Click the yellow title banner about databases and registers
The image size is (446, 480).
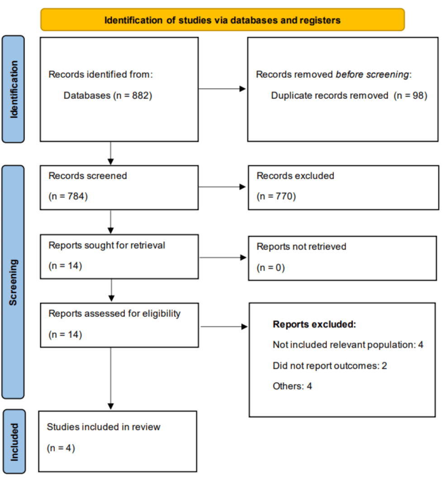point(223,20)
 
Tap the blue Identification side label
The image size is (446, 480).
point(13,89)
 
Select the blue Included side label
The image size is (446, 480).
point(14,442)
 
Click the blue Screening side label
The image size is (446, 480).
point(13,282)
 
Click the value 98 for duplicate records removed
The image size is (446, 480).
point(418,95)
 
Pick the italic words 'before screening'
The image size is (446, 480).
point(372,74)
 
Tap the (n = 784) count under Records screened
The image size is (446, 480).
point(68,196)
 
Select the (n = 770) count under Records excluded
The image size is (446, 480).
point(276,196)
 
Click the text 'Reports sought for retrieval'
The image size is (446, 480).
point(107,245)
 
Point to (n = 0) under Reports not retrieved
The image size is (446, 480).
point(270,267)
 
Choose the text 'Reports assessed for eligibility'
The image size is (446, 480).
point(114,314)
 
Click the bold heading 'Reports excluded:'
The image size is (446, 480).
point(314,324)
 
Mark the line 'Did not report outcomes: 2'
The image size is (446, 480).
point(330,366)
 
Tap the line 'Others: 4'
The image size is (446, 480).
point(292,386)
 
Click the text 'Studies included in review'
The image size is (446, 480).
point(104,427)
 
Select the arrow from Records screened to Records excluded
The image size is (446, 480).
point(222,187)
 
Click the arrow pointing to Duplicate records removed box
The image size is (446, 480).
point(222,89)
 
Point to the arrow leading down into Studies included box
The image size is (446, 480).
point(111,379)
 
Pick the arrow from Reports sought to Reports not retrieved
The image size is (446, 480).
point(223,257)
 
